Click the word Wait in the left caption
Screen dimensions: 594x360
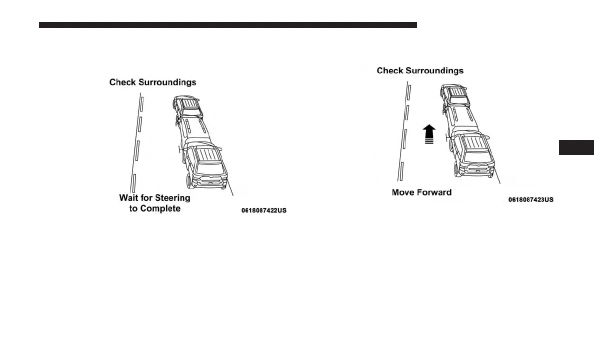(128, 198)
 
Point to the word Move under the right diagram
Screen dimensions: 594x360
(403, 192)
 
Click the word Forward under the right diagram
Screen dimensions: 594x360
(434, 192)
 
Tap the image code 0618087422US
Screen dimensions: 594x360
(264, 210)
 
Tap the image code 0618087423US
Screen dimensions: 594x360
(530, 199)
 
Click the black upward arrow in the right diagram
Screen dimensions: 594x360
(428, 134)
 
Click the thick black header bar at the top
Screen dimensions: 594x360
(227, 25)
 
